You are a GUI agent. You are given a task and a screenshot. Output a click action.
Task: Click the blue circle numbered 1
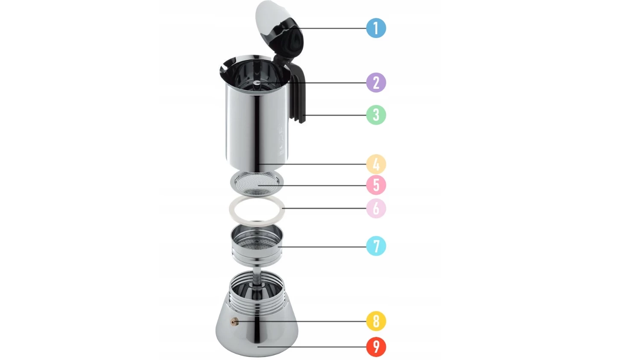point(376,28)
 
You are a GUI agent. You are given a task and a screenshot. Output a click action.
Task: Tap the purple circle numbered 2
point(376,83)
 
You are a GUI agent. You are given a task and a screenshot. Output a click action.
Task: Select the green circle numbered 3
point(376,115)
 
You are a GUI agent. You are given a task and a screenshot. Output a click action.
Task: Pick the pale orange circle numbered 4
point(376,164)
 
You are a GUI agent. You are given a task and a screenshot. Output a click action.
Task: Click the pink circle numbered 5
point(376,185)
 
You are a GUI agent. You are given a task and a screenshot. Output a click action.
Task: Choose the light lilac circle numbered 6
point(376,208)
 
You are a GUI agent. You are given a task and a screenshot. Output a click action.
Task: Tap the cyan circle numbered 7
point(376,246)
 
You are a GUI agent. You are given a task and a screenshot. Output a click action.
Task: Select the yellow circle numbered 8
point(376,321)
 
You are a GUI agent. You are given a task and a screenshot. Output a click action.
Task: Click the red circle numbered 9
point(376,347)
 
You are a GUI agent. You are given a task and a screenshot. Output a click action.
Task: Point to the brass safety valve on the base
point(234,322)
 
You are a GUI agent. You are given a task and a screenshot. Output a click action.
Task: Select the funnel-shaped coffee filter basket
point(257,246)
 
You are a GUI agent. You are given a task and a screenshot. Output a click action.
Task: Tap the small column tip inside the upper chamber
point(257,83)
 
